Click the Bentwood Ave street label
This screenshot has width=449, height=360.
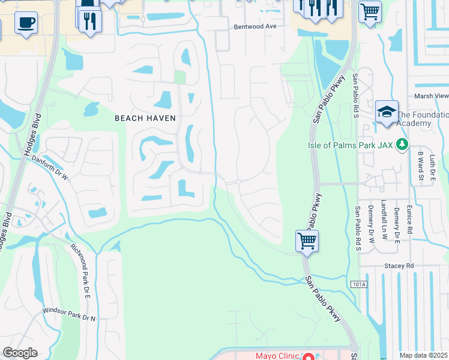point(255,26)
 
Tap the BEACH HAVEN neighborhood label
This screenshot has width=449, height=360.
point(145,118)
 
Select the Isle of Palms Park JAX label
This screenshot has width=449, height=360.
point(350,144)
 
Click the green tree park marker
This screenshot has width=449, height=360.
point(402,144)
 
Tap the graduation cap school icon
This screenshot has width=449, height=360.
point(387,112)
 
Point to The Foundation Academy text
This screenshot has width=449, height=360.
point(423,119)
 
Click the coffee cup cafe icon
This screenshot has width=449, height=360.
point(26,23)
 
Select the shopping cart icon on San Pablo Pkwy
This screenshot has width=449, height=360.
point(307,241)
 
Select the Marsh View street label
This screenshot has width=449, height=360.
point(431,96)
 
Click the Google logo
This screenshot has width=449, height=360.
point(20,353)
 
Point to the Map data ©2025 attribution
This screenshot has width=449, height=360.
point(424,355)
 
